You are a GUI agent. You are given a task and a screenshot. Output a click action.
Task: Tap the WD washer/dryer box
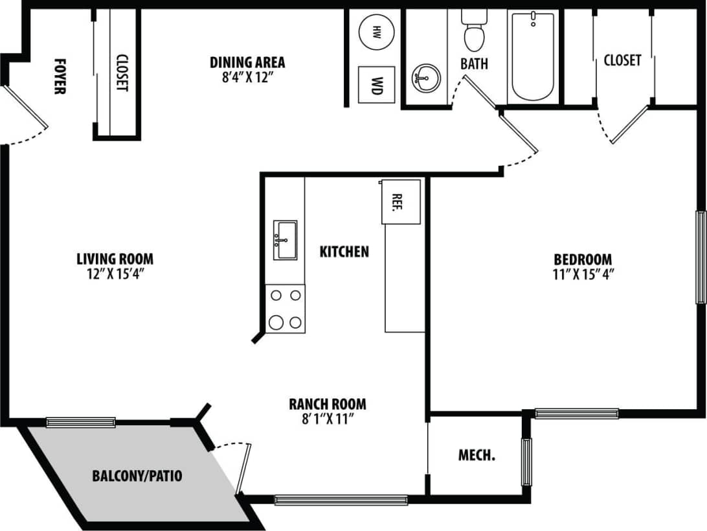(376, 84)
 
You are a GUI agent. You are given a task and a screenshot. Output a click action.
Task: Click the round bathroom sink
(425, 78)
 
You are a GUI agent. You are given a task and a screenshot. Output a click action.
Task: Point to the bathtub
(533, 57)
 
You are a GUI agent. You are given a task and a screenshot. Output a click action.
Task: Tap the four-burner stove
(286, 309)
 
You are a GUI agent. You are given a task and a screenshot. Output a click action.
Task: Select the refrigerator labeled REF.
(400, 202)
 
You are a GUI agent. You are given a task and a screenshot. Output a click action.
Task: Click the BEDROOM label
(582, 259)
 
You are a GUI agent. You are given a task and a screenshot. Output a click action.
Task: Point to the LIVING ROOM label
(115, 259)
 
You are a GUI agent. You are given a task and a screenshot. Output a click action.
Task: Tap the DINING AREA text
(247, 62)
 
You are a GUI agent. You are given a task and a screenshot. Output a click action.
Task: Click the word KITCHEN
(344, 252)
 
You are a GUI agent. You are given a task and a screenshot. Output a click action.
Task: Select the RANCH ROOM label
(327, 404)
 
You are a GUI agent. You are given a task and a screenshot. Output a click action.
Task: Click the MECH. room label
(477, 455)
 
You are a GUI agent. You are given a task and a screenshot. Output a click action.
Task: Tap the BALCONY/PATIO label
(137, 477)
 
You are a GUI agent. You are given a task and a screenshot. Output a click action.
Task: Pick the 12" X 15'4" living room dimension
(115, 274)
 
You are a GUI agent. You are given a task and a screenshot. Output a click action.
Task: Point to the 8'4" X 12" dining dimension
(247, 77)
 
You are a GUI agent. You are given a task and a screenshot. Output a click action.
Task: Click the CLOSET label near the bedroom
(622, 60)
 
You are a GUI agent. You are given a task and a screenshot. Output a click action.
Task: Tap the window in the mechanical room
(526, 462)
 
